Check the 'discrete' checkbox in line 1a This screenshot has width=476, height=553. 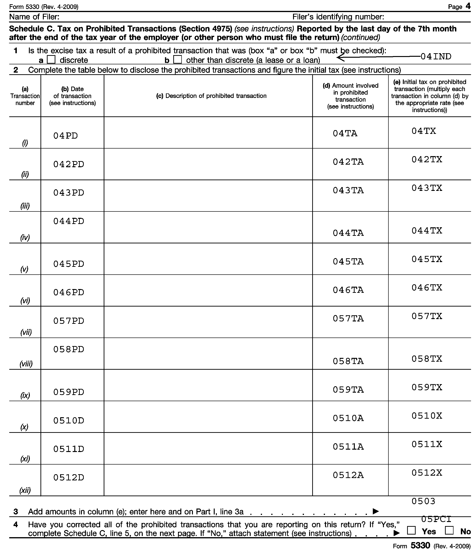click(x=51, y=59)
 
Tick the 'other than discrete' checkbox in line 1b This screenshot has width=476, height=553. click(x=177, y=59)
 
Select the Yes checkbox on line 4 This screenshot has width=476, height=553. click(x=411, y=531)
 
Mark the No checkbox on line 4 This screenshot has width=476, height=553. click(x=449, y=531)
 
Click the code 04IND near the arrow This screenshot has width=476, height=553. click(x=436, y=57)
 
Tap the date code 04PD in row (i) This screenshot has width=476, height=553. click(x=65, y=136)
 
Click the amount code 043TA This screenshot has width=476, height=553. click(x=348, y=190)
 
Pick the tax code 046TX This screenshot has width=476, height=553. click(x=427, y=288)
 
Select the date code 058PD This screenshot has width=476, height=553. click(x=69, y=349)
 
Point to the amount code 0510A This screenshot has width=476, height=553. click(x=348, y=418)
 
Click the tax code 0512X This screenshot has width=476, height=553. click(x=427, y=473)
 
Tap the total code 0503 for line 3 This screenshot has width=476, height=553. click(x=423, y=501)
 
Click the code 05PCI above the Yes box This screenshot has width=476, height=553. click(x=436, y=519)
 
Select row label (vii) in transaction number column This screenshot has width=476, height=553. click(x=26, y=332)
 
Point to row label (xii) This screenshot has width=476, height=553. click(x=25, y=490)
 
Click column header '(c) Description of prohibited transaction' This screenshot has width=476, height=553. click(x=211, y=96)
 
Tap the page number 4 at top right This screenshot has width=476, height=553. click(x=468, y=6)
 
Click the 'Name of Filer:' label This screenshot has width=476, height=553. click(x=34, y=17)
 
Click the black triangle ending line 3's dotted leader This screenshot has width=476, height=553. click(x=376, y=511)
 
